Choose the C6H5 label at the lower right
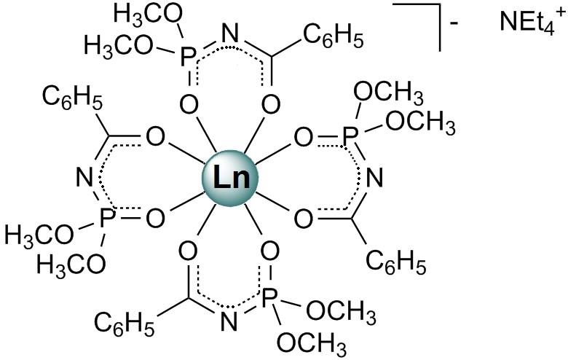(395, 262)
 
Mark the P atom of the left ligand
(102, 216)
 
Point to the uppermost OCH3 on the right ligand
(387, 94)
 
